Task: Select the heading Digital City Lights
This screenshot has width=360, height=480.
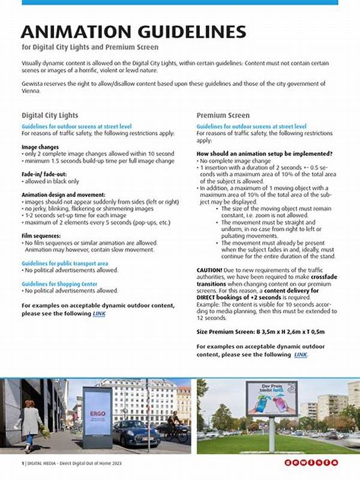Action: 50,115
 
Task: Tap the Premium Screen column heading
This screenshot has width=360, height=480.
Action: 223,115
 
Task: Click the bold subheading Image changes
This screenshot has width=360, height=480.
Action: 40,147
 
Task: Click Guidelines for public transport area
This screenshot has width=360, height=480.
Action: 65,263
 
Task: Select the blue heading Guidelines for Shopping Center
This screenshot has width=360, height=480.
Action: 61,283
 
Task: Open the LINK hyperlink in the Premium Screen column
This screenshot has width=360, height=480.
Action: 301,355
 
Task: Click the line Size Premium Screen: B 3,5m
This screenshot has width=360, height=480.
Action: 262,331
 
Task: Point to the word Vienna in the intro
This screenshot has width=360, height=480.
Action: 31,91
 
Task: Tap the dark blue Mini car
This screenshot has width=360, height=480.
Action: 136,432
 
